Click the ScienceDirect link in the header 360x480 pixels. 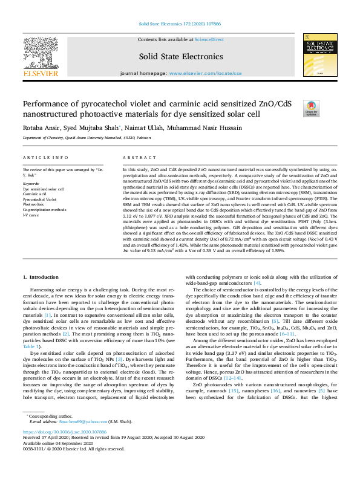coord(212,39)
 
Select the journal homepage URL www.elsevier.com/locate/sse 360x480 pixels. coord(202,73)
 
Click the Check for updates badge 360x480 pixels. coord(311,108)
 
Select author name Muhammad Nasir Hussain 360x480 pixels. coord(210,128)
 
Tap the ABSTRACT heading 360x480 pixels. coord(136,157)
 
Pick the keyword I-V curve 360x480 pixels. coord(31,215)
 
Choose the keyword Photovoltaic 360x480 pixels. coord(34,204)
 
